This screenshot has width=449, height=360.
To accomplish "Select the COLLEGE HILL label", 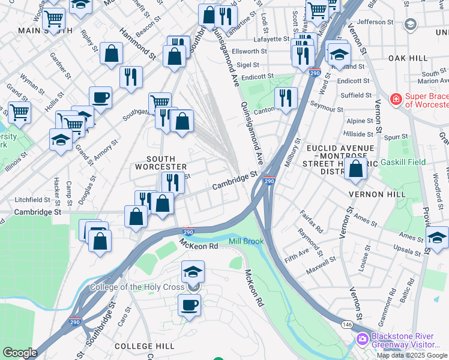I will [x=145, y=346].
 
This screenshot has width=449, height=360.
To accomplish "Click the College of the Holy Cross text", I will [x=137, y=287].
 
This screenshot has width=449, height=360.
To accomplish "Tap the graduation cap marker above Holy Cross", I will [x=193, y=272].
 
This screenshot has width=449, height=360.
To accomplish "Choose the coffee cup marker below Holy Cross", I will [x=189, y=305].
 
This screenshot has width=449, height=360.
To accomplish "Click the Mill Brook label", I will [x=246, y=241].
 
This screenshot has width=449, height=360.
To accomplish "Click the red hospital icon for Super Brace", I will [x=395, y=99].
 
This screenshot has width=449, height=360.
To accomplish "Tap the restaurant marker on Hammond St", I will [x=130, y=77].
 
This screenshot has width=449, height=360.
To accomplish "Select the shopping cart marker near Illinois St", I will [x=19, y=112].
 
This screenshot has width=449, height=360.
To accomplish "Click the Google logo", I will [x=20, y=353].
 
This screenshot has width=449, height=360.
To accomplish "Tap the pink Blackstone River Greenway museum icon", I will [x=362, y=340].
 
